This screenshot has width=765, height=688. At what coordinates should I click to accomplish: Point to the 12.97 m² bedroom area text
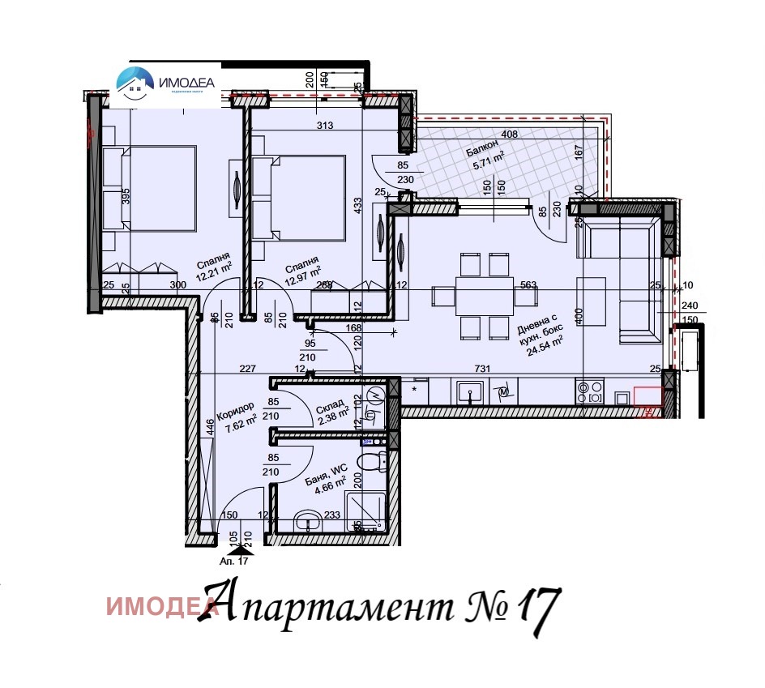[305, 275]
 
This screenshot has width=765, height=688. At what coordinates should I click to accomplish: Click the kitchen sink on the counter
[468, 394]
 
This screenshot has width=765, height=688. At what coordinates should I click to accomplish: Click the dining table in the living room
[484, 296]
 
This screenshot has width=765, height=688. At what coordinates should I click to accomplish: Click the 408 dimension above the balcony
[510, 134]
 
